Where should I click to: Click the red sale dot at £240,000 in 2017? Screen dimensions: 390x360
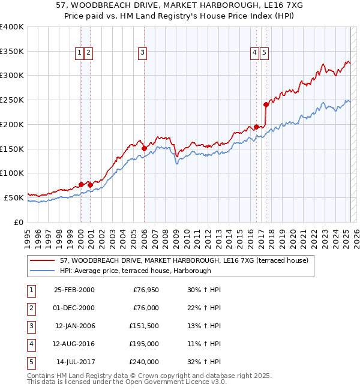[266, 104]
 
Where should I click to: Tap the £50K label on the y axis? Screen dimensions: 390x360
[14, 197]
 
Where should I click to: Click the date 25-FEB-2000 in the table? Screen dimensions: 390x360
[74, 290]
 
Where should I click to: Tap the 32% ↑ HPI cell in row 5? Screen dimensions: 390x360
[205, 362]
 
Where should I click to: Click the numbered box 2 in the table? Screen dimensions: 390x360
[31, 308]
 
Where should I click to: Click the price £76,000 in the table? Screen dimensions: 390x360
[145, 308]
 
